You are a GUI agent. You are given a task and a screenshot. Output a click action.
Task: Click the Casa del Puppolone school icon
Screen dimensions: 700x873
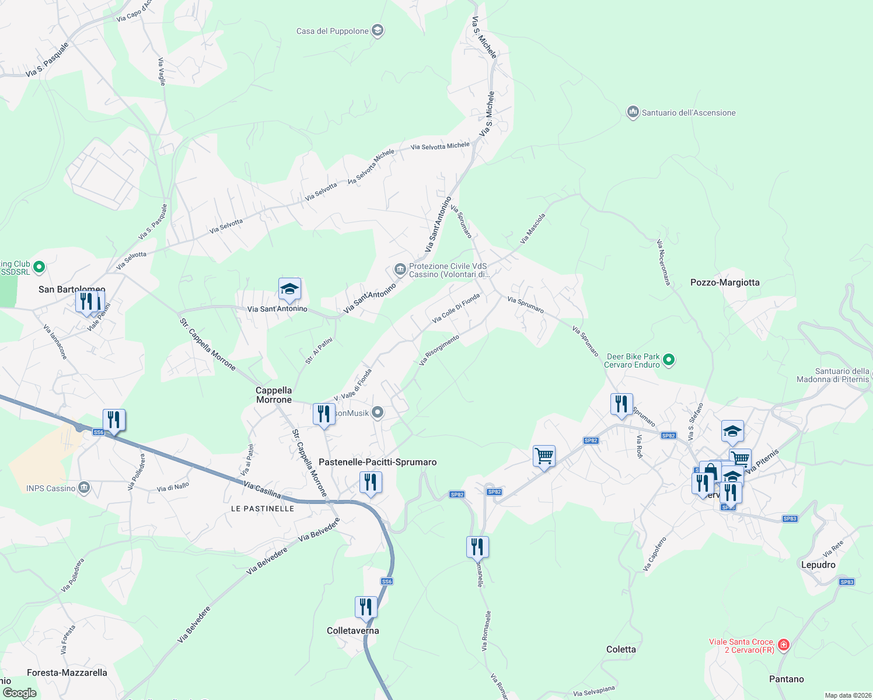pos(378,31)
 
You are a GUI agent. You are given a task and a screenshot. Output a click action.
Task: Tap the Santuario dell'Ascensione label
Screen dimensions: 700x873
pos(688,113)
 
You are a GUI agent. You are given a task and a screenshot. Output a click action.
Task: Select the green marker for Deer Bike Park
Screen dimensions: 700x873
pos(669,360)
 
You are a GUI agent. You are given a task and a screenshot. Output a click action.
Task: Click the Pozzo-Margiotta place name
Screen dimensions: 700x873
pos(725,282)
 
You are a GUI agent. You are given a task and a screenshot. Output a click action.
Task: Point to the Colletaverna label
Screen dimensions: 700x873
pos(352,631)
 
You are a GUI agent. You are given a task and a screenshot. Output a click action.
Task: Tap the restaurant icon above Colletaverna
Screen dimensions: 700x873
pos(366,607)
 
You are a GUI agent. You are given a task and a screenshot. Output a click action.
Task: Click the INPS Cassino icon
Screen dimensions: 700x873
pos(84,488)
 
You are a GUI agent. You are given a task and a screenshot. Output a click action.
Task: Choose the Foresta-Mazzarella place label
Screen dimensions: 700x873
pos(67,673)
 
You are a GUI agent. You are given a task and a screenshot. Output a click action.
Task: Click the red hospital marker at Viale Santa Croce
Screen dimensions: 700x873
pos(784,645)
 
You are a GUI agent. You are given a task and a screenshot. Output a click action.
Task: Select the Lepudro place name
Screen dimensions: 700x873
pos(818,565)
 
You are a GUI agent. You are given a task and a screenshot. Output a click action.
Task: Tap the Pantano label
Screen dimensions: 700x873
pos(786,679)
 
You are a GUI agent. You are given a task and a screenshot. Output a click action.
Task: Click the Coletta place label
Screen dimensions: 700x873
pos(621,649)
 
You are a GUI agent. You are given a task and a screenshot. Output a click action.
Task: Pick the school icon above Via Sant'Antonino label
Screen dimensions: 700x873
pos(289,289)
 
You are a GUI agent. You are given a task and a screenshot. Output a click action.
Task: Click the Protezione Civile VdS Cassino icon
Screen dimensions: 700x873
pos(400,269)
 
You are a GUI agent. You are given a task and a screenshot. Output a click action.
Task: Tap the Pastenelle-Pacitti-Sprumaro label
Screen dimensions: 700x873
pos(378,462)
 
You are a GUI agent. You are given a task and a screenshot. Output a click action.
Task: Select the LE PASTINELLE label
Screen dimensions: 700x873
pos(263,509)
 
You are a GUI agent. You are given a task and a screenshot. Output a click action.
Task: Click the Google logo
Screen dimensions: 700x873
pos(19,693)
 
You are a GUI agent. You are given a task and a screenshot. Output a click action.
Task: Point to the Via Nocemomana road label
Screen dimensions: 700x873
pos(664,262)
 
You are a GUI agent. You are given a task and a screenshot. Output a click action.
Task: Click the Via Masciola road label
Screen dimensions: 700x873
pos(532,228)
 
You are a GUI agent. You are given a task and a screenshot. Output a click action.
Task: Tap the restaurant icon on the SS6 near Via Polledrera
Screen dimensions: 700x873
pos(114,420)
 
